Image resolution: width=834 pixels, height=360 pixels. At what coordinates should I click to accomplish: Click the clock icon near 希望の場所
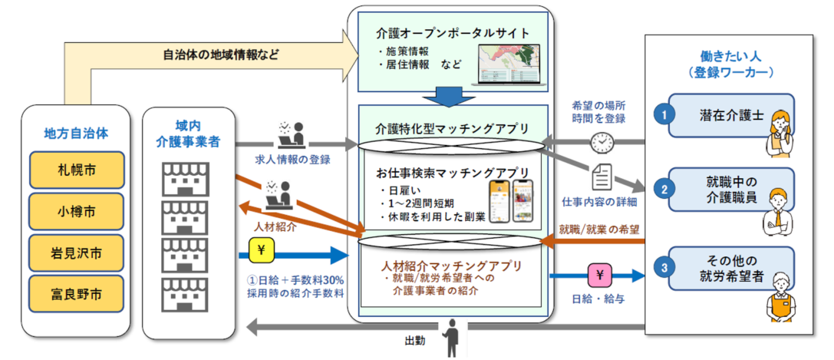click(601, 143)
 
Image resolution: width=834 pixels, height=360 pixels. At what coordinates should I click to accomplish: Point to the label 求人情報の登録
click(292, 159)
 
